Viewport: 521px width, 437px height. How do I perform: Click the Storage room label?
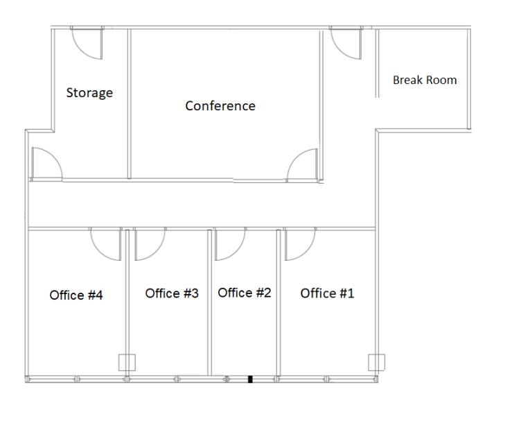click(x=89, y=93)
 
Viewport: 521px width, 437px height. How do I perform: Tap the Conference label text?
click(x=220, y=105)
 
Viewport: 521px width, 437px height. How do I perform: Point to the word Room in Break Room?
click(x=441, y=80)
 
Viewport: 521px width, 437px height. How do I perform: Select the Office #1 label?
click(x=327, y=293)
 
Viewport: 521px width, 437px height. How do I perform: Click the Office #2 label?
click(x=245, y=293)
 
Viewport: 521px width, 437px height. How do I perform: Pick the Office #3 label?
click(x=172, y=293)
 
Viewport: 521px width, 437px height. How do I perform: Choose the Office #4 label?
click(x=76, y=295)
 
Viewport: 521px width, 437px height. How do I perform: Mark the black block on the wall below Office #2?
click(x=251, y=379)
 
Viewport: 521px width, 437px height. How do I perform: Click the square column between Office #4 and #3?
click(x=127, y=363)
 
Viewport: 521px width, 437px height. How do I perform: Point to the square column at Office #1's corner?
click(x=376, y=362)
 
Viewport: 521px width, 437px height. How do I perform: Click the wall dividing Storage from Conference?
click(x=130, y=104)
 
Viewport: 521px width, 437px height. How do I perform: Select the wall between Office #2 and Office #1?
click(x=279, y=302)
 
